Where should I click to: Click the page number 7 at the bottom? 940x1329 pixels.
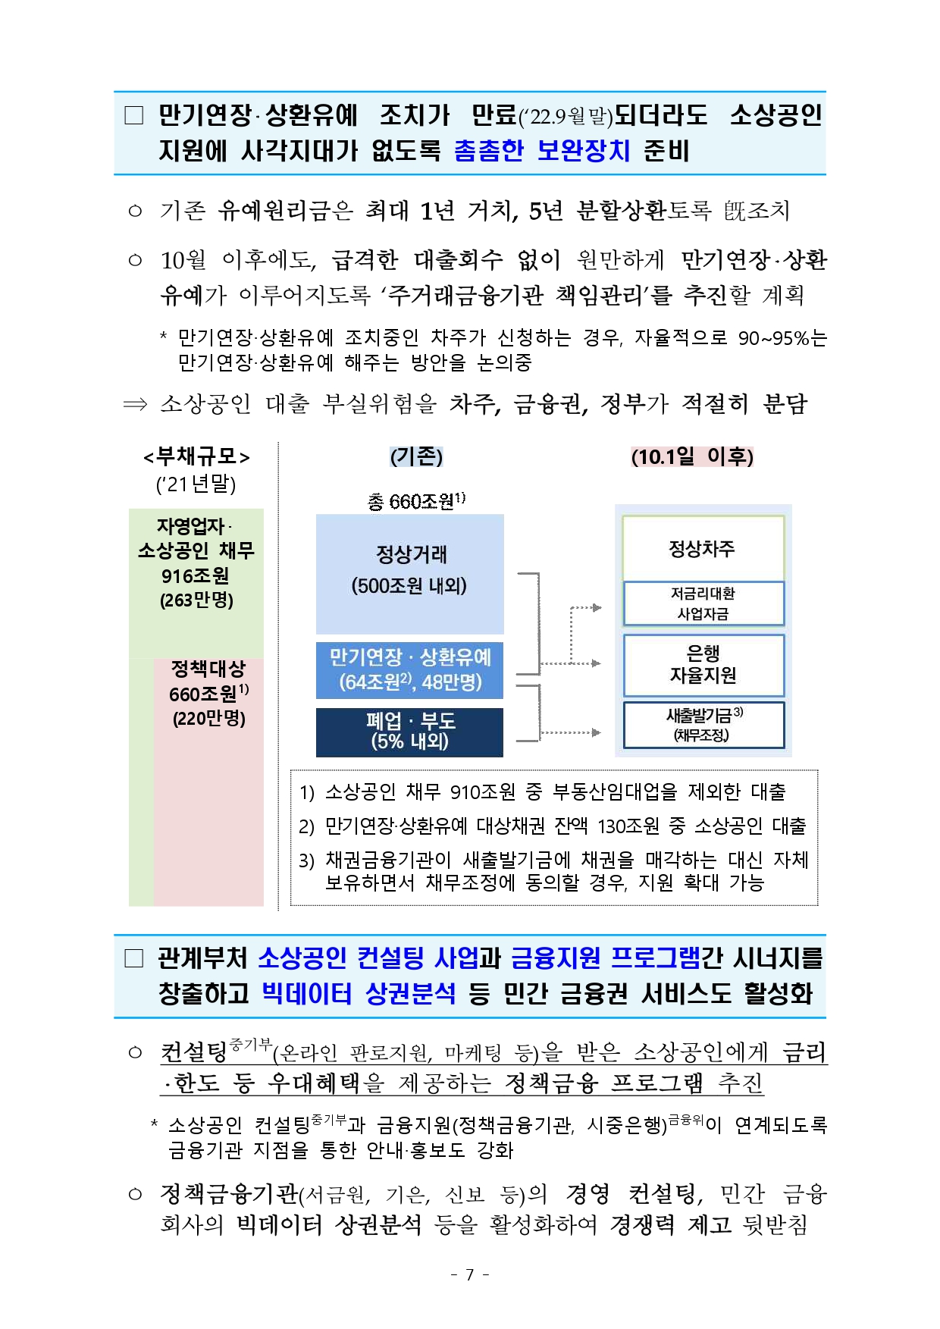[x=469, y=1274]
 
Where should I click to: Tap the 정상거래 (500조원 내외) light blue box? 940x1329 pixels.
[x=409, y=573]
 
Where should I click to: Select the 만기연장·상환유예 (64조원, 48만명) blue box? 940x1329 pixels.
[x=409, y=669]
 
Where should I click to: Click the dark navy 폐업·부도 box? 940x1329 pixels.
[x=409, y=732]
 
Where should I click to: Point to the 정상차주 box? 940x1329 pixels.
[x=703, y=548]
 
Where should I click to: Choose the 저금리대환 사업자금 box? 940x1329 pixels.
[x=703, y=603]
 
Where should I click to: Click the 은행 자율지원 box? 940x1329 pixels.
[x=703, y=665]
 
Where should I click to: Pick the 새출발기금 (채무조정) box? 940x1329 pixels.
[x=703, y=725]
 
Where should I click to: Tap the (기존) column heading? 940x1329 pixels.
[x=416, y=456]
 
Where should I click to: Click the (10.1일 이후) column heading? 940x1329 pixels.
[x=692, y=456]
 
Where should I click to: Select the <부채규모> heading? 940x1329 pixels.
[x=196, y=456]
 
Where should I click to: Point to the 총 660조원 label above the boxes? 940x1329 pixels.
[x=415, y=500]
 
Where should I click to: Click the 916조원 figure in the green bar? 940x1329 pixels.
[x=196, y=575]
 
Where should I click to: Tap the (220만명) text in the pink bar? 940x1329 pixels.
[x=209, y=719]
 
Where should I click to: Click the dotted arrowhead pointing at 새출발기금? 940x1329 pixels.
[x=597, y=732]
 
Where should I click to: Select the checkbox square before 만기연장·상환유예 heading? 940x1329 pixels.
[x=134, y=115]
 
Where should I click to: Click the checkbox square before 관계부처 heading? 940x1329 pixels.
[x=134, y=959]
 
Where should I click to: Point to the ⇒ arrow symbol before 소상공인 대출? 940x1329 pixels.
[x=135, y=404]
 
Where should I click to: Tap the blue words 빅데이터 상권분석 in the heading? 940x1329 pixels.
[x=359, y=993]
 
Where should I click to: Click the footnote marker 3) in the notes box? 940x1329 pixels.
[x=306, y=860]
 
